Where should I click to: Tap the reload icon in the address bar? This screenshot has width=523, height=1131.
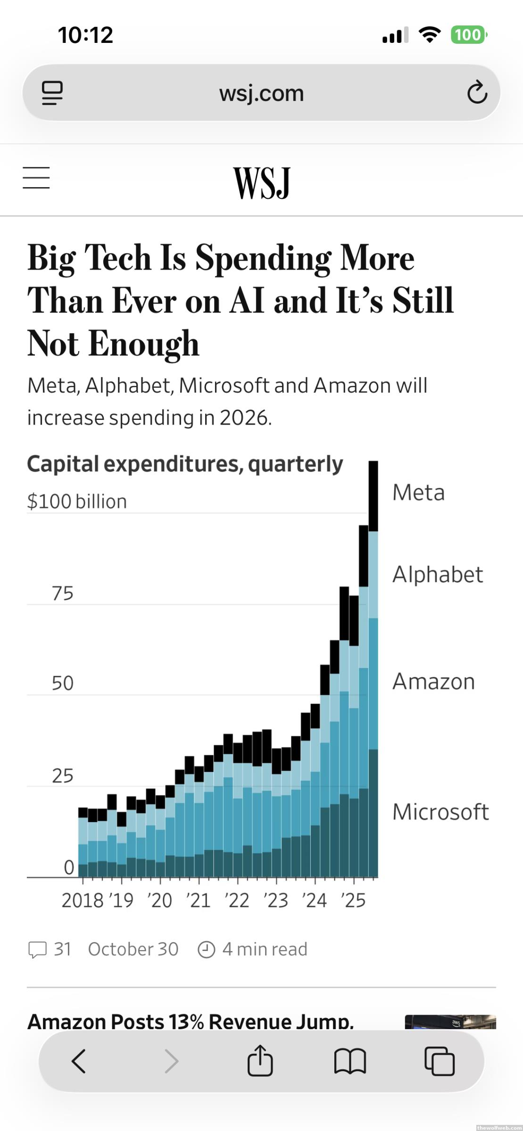(x=477, y=92)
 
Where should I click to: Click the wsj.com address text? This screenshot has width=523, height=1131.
(x=261, y=93)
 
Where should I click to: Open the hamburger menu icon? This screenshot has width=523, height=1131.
(x=36, y=178)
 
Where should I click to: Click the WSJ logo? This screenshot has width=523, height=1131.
(x=262, y=183)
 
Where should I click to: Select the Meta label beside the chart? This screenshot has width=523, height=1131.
(x=418, y=492)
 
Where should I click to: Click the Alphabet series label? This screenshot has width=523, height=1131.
(x=438, y=574)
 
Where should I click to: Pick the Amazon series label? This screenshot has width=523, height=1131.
(x=433, y=681)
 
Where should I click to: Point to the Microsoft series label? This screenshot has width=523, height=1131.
(x=440, y=811)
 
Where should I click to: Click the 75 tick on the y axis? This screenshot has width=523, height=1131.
(x=63, y=593)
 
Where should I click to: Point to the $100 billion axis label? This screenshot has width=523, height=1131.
(x=77, y=501)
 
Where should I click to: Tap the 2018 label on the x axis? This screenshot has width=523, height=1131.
(x=83, y=901)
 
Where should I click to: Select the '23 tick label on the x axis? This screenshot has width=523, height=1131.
(x=276, y=901)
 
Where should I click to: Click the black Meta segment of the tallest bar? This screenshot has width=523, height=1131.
(x=373, y=496)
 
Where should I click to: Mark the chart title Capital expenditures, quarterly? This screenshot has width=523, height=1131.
(x=185, y=464)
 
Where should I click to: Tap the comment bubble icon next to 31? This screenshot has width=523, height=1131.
(x=38, y=949)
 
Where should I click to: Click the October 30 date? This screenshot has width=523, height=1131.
(x=133, y=949)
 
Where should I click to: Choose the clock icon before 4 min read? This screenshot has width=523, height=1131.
(x=206, y=950)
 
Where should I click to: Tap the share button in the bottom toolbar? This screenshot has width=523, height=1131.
(x=260, y=1061)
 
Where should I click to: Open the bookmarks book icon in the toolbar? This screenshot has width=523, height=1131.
(x=350, y=1061)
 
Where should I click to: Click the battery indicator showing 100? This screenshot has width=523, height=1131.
(x=468, y=35)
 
